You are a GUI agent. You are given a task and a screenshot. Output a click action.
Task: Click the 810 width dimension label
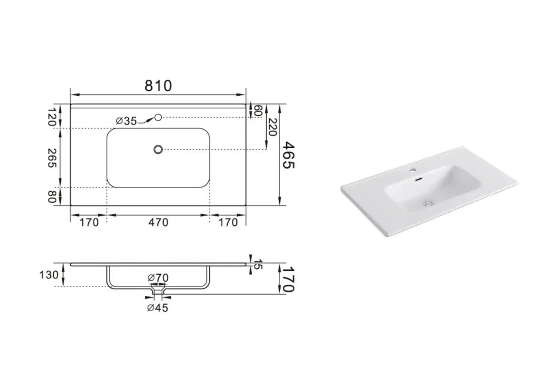point(159,85)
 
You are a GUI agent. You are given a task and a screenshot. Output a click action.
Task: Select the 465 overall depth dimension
point(289,155)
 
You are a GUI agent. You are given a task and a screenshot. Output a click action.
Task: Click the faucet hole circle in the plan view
point(158,117)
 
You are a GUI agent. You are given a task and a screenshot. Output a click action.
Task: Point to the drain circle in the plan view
point(158,149)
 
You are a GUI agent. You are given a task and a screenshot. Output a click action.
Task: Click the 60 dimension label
point(258,111)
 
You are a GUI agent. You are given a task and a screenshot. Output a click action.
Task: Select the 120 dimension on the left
point(53,117)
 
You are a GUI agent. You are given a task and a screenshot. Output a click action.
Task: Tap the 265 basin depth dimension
point(53,158)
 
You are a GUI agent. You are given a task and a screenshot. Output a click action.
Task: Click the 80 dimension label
point(53,196)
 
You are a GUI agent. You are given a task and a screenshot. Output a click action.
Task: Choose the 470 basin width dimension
point(158,222)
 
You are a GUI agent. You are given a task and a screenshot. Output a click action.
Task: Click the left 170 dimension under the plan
point(89,222)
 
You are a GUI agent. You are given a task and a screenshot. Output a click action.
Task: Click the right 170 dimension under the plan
point(228,222)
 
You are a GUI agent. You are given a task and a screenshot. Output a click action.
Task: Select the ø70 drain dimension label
point(158,277)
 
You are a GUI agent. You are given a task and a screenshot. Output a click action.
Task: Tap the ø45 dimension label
point(158,308)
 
